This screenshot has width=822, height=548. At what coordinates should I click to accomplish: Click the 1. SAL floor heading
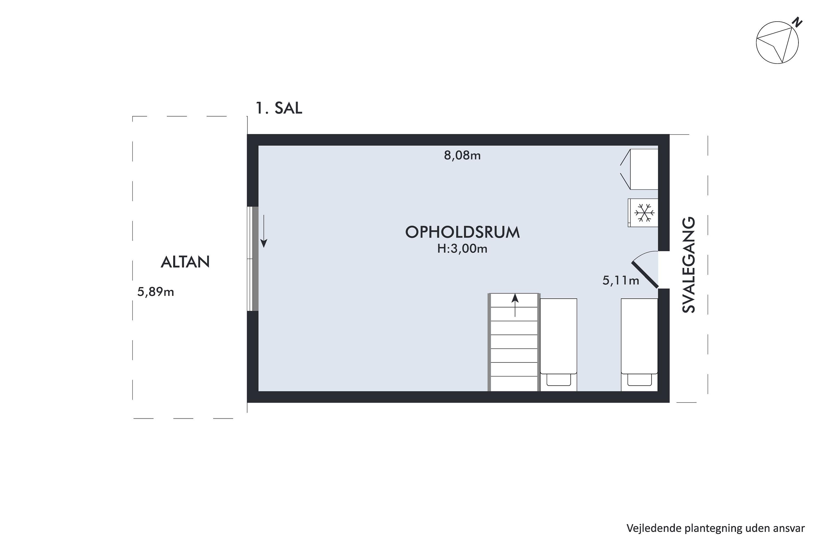coord(279,108)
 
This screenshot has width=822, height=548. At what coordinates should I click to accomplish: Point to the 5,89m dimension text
coord(156,292)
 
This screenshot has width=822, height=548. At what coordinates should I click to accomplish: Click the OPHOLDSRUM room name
coord(463,232)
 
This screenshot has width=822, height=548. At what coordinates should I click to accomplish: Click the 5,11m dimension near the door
coord(621,281)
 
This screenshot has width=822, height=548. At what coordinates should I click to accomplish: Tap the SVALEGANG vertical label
coord(689,265)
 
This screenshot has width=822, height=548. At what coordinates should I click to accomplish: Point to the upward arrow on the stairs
coord(515,305)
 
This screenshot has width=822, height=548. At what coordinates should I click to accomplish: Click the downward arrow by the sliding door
coord(264,231)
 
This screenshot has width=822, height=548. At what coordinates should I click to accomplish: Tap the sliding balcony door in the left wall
coord(253,259)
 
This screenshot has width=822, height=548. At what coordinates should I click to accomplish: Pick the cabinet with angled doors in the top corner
coord(639,170)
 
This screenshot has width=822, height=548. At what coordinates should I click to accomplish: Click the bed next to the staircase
coord(558,345)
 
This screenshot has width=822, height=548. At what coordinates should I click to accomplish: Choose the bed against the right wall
coord(639,345)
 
